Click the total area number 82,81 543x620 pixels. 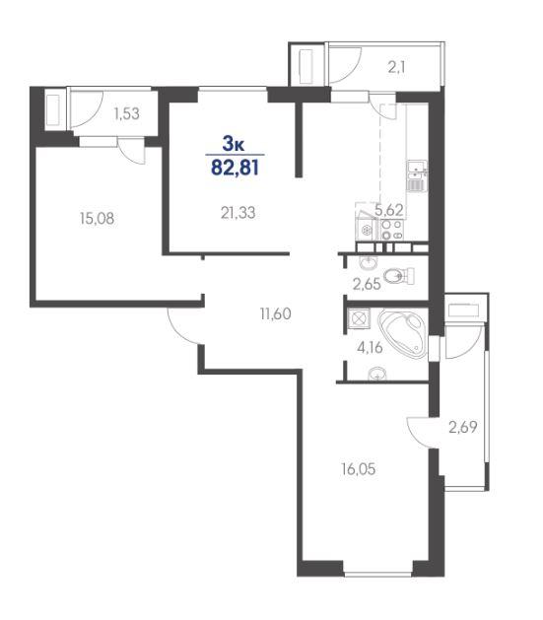pyautogui.click(x=236, y=168)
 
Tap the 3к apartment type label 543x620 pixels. pyautogui.click(x=234, y=144)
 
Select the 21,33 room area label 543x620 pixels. pyautogui.click(x=238, y=213)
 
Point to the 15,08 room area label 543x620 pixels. pyautogui.click(x=97, y=218)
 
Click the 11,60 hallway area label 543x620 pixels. pyautogui.click(x=276, y=314)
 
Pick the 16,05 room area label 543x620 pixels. pyautogui.click(x=358, y=469)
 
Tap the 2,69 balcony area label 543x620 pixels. pyautogui.click(x=463, y=427)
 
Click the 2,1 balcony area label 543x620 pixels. pyautogui.click(x=396, y=68)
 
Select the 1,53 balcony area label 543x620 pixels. pyautogui.click(x=126, y=114)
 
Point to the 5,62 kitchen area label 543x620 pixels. pyautogui.click(x=389, y=210)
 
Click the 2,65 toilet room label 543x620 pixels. pyautogui.click(x=367, y=284)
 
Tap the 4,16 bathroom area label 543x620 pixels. pyautogui.click(x=370, y=348)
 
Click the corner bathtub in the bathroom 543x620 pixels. pyautogui.click(x=402, y=332)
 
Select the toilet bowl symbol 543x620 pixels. pyautogui.click(x=399, y=276)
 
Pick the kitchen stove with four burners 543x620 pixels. pyautogui.click(x=392, y=230)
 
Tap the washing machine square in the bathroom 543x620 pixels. pyautogui.click(x=359, y=318)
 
